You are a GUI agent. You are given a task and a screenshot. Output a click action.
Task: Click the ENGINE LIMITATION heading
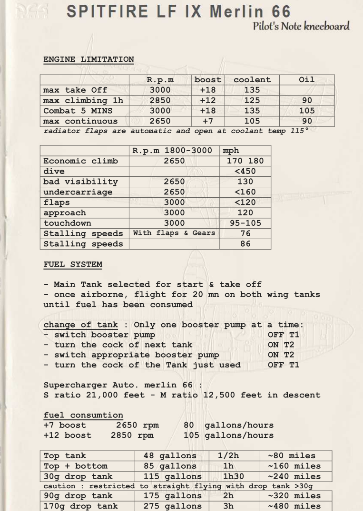point(88,59)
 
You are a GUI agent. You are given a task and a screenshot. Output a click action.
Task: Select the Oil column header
point(306,80)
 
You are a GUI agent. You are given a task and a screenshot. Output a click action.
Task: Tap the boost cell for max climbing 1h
point(208,100)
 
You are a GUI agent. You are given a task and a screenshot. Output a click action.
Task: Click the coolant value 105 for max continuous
point(252,121)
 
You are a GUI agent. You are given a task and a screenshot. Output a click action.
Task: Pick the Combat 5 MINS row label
point(78,111)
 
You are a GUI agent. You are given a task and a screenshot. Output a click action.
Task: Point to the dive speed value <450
point(245,171)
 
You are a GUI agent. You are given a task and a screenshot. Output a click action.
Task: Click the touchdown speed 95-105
point(245,223)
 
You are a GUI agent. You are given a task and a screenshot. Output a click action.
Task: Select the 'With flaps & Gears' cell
point(174,233)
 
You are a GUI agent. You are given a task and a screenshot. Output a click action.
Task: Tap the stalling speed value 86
point(245,244)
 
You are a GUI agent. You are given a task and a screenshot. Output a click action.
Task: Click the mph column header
point(231,150)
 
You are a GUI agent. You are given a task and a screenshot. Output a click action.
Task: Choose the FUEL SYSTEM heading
point(73,264)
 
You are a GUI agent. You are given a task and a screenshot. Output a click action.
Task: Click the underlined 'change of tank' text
point(80,325)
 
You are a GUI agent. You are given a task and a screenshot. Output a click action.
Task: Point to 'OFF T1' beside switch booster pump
point(284,335)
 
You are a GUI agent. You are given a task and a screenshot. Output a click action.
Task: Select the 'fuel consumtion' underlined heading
point(83,415)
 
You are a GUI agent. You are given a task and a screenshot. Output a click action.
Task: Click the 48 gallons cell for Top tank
point(170,456)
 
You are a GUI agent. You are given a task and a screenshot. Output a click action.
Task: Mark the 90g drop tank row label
point(78,496)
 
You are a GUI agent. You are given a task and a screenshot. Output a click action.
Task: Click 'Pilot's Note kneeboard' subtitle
point(301,26)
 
